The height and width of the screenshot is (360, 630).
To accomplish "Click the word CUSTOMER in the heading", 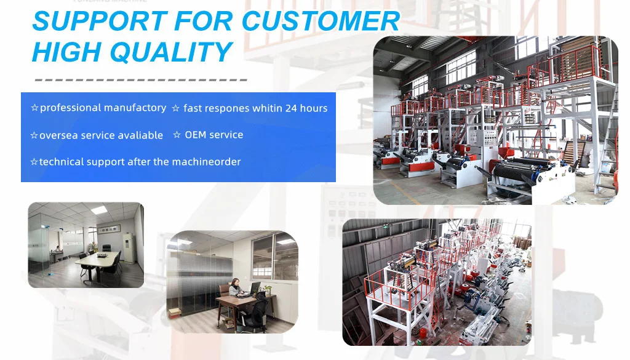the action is point(321,21).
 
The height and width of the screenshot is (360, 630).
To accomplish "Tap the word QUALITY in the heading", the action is point(171,52).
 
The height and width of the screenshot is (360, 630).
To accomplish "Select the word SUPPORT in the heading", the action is point(100,21).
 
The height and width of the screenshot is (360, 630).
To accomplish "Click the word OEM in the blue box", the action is point(195,135).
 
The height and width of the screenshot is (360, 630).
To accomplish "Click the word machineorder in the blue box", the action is point(206,162).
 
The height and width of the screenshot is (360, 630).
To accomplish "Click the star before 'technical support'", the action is point(34,162).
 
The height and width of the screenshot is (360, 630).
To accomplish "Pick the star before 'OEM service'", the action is point(177,135).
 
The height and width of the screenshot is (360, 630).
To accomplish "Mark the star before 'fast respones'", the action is point(175,108).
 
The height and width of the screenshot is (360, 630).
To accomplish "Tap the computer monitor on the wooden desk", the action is point(255,288).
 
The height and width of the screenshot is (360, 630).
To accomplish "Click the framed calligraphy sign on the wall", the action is point(110,229).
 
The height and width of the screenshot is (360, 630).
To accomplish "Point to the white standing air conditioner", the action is point(129,248).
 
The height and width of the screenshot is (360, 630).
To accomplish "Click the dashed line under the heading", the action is point(141,80).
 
